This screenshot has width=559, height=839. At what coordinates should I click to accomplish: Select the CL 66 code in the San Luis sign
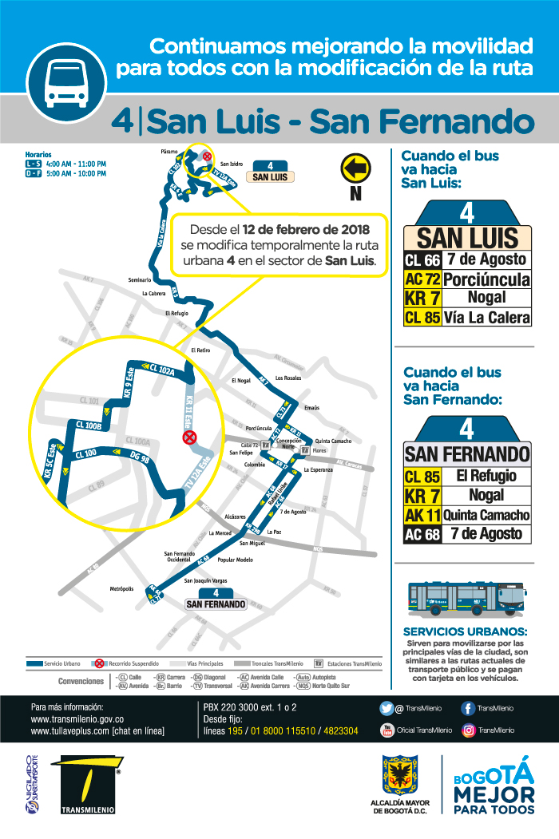[x=422, y=259]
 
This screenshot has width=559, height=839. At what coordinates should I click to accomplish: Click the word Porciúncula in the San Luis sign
[x=486, y=279]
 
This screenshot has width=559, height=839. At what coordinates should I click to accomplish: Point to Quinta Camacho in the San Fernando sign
[x=486, y=515]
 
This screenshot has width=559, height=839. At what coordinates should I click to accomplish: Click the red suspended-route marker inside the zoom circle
[x=190, y=437]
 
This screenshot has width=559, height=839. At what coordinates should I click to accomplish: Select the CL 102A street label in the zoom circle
[x=160, y=370]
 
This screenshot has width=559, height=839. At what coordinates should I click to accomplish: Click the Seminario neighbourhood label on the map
[x=139, y=279]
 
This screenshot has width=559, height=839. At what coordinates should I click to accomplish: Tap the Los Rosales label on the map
[x=288, y=378]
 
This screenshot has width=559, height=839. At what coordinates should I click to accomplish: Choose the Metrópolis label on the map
[x=121, y=589]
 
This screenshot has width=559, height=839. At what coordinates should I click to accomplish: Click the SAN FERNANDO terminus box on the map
[x=216, y=604]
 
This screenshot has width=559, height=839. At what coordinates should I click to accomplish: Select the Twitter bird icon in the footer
[x=387, y=707]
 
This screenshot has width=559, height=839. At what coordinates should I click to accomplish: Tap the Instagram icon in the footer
[x=469, y=729]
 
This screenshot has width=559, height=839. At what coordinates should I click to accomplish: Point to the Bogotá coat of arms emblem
[x=397, y=777]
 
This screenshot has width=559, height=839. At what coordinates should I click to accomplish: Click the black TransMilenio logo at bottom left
[x=87, y=786]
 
